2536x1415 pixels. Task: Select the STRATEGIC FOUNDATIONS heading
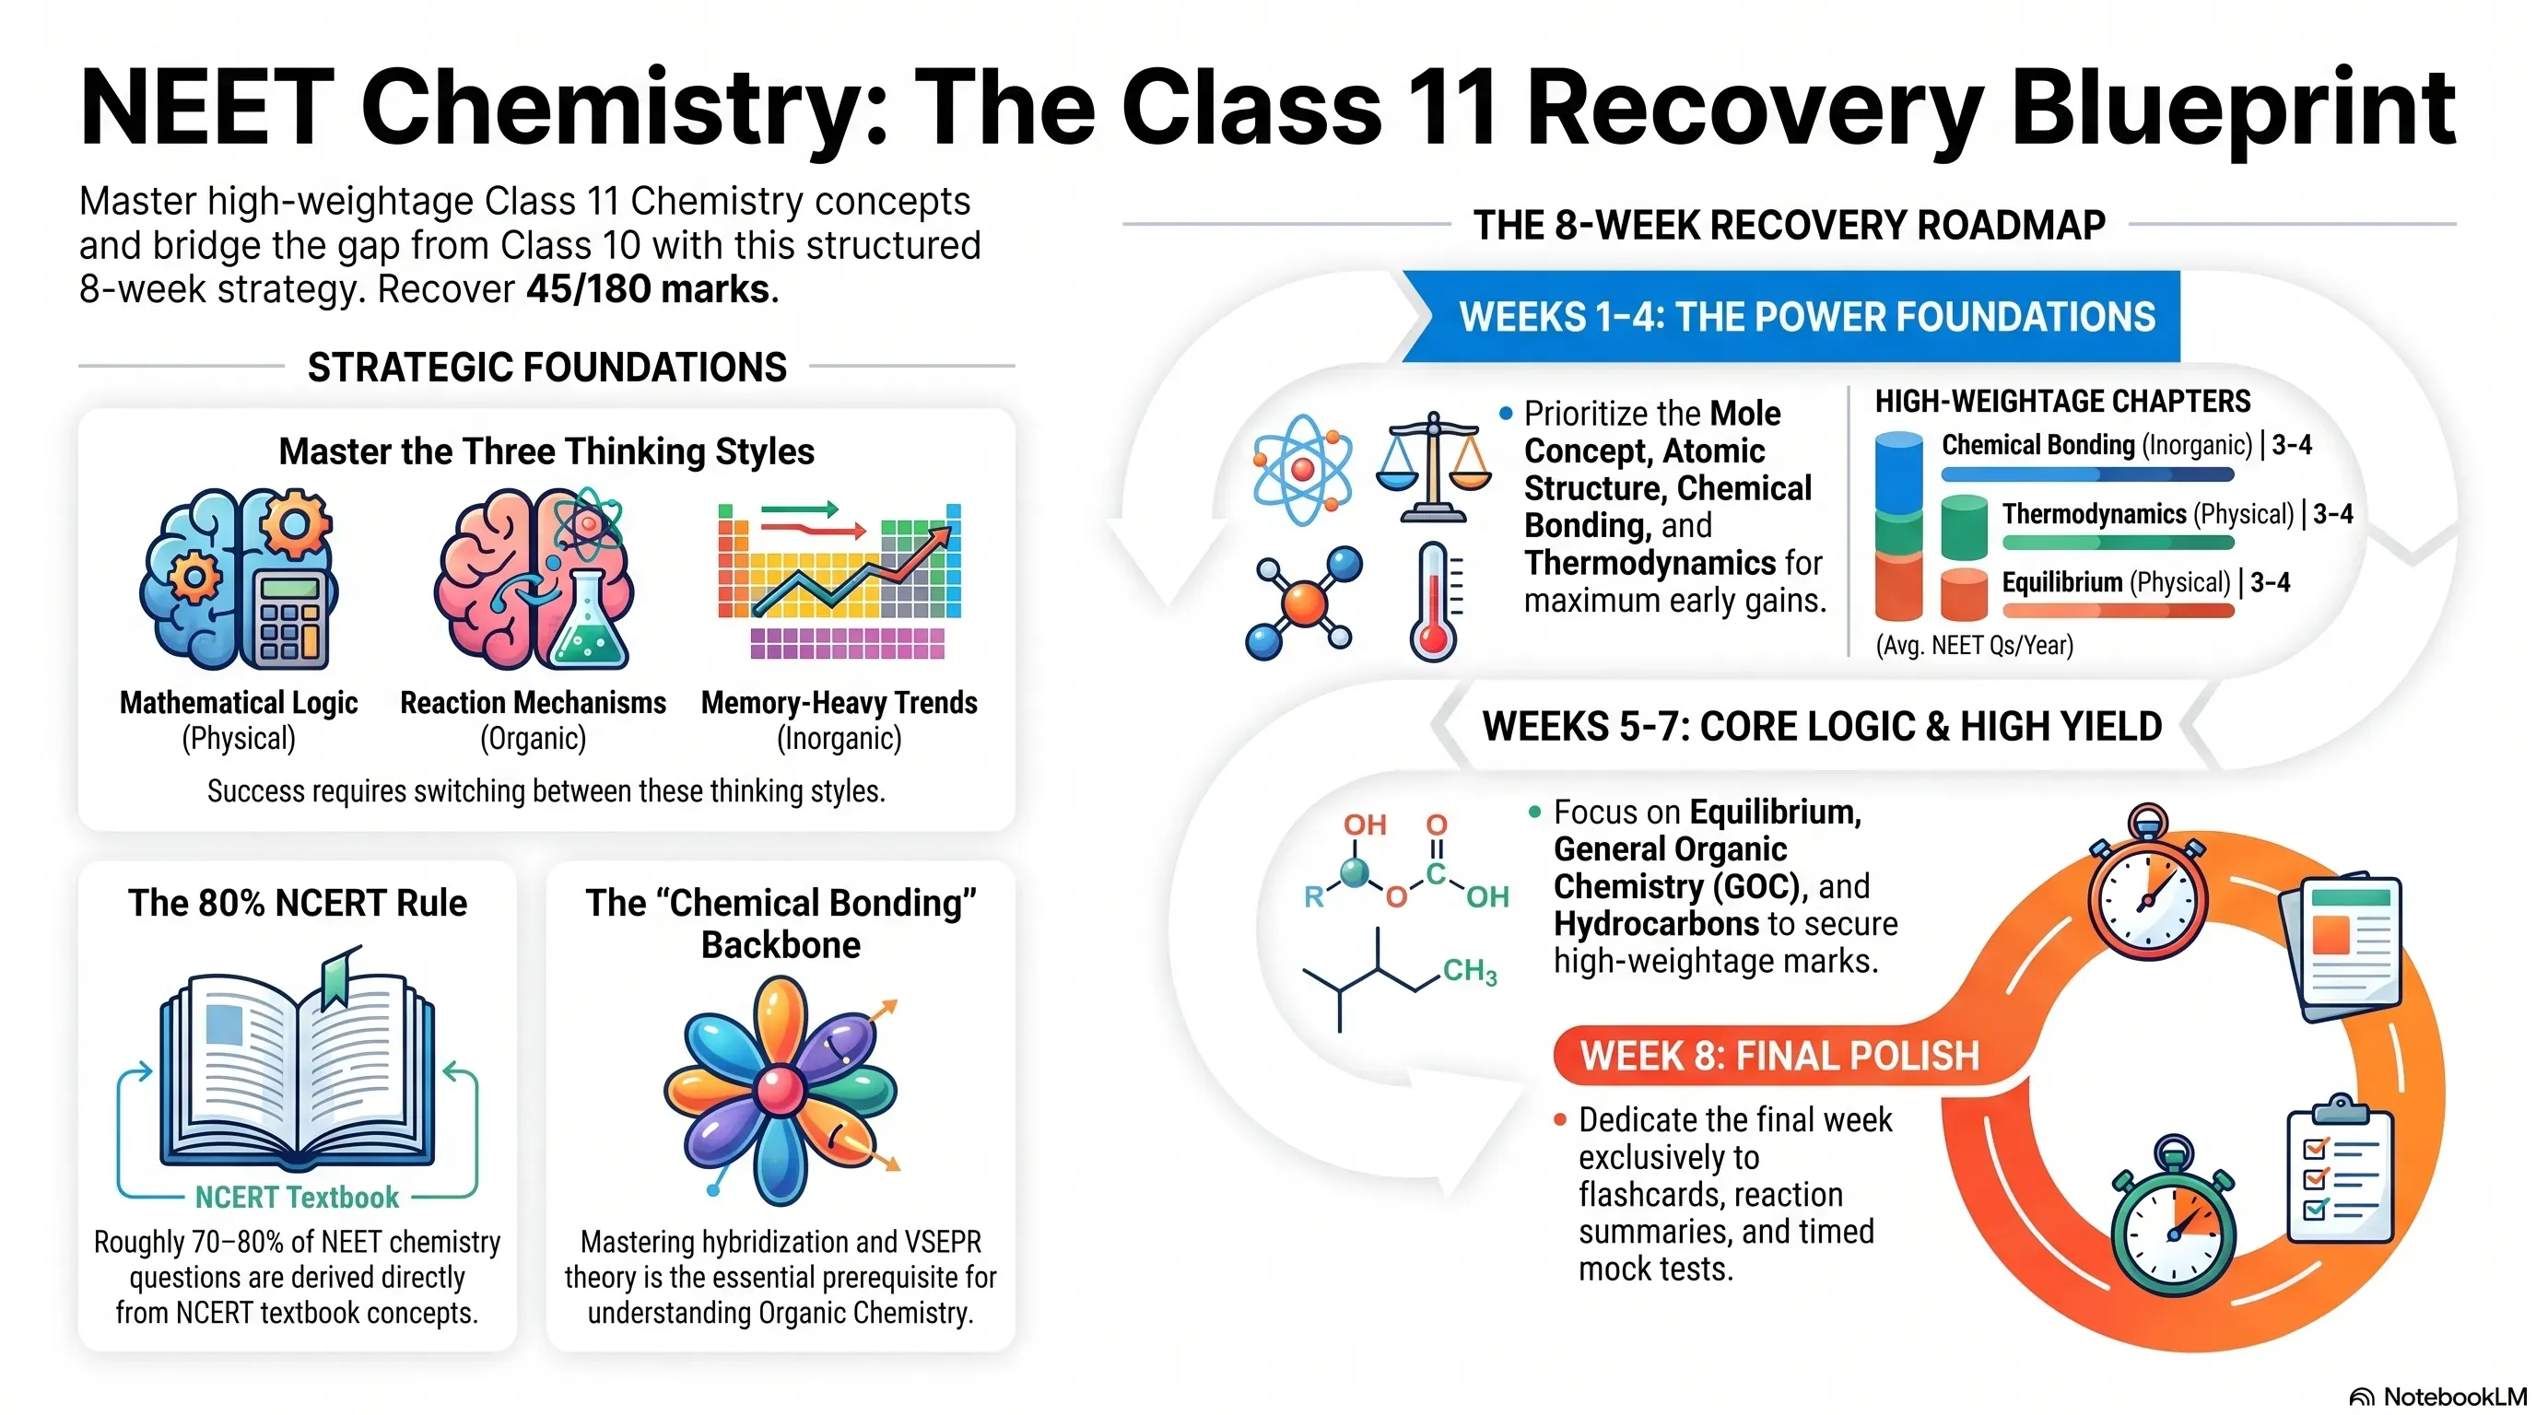pos(547,367)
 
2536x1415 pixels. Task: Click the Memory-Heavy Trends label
pos(839,703)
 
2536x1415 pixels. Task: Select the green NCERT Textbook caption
pos(298,1197)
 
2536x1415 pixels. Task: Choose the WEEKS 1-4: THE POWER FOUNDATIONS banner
pos(1791,317)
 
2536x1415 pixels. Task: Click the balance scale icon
pos(1433,468)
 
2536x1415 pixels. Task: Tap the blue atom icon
pos(1301,470)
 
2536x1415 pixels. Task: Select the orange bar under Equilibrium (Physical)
pos(2118,610)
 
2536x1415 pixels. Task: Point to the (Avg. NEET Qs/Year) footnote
pos(1974,646)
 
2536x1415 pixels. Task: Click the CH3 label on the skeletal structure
pos(1470,971)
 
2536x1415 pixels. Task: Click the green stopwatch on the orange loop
pos(2173,1221)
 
